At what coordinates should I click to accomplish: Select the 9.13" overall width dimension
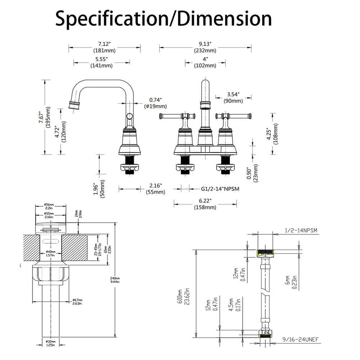(205, 44)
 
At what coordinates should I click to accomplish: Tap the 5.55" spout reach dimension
(102, 58)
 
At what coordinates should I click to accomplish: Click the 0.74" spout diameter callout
(156, 100)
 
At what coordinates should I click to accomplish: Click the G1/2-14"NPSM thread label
(220, 188)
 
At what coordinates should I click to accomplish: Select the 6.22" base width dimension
(205, 201)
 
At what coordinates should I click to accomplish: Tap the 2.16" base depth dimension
(156, 185)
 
